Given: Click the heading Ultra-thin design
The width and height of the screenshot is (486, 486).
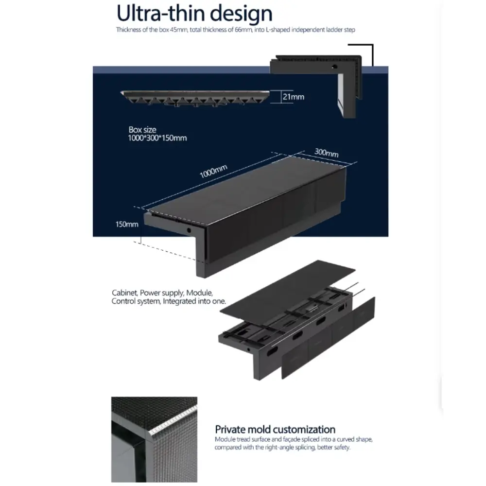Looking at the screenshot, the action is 194,14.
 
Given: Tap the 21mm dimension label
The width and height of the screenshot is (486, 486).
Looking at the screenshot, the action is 293,97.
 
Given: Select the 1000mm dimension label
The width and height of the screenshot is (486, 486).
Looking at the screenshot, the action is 213,171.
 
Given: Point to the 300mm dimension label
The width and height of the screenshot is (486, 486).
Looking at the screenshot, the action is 327,152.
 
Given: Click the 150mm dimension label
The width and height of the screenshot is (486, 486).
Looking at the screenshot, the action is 127,224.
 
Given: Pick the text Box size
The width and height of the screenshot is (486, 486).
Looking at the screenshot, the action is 142,130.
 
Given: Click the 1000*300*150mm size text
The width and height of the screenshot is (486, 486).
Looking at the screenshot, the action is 157,138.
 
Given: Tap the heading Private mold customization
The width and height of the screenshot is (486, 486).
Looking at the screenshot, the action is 275,429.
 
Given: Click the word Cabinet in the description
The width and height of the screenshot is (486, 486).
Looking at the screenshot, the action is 124,293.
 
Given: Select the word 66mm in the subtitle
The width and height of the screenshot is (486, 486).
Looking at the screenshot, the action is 243,30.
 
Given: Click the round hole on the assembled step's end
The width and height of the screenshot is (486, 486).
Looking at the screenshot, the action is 189,230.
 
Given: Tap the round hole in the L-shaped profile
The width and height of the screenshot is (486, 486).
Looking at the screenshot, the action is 334,66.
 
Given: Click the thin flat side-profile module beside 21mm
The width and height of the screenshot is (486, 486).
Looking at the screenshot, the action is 195,98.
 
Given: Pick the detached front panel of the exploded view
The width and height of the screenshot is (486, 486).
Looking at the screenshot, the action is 328,338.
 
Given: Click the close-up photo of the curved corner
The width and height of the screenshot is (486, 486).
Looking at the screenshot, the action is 155,439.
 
